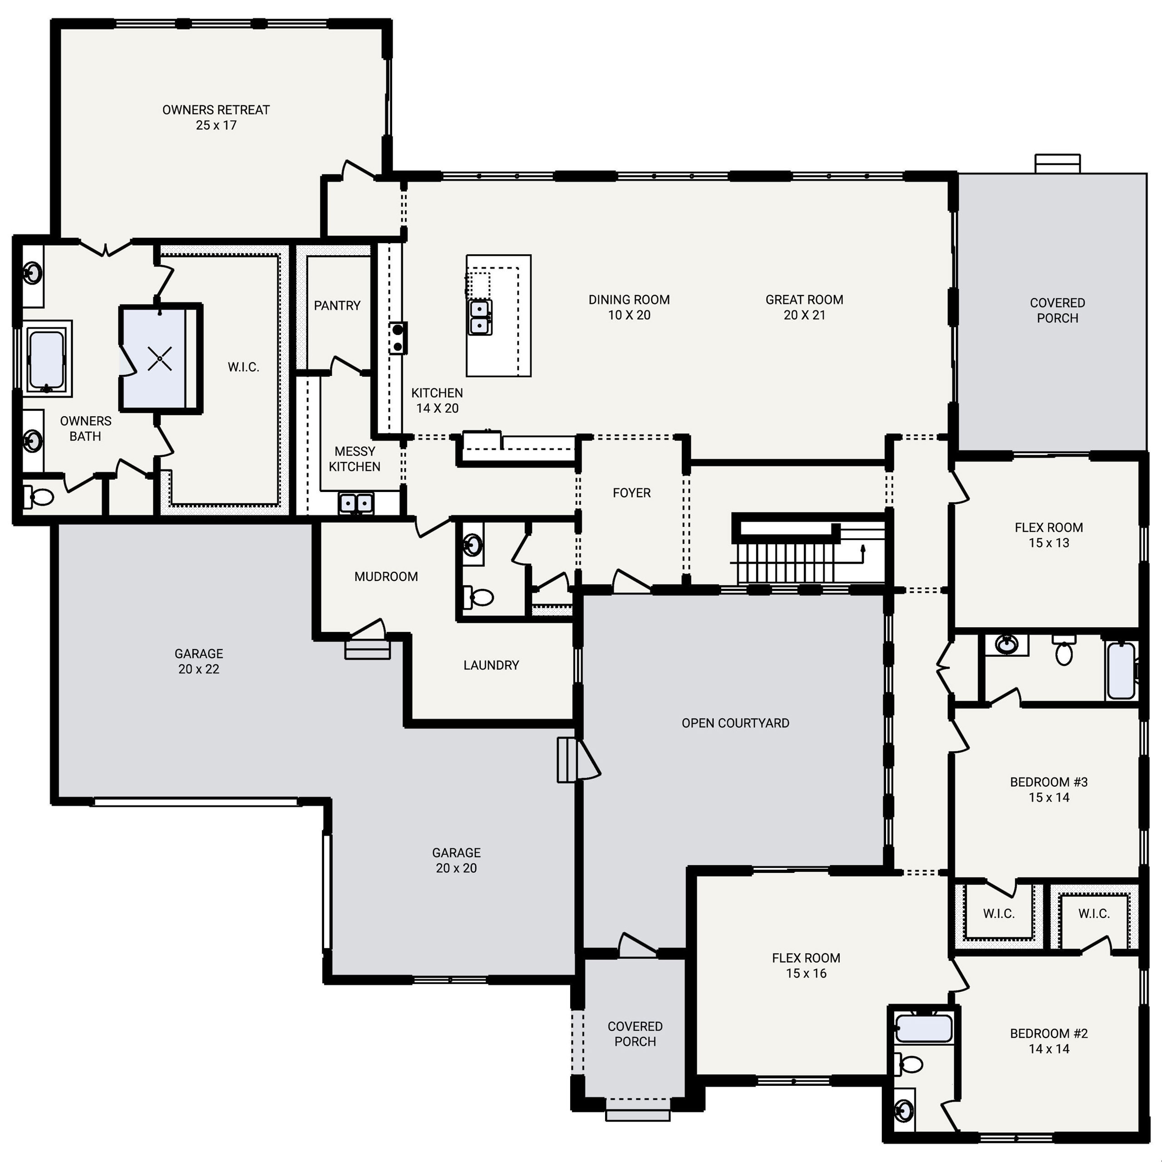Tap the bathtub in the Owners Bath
click(46, 359)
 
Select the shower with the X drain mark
click(159, 359)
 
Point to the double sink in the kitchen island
click(480, 317)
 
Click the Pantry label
click(337, 305)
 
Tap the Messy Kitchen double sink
click(356, 503)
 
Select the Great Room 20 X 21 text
click(804, 307)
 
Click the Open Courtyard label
click(735, 724)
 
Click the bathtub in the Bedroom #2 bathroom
click(923, 1029)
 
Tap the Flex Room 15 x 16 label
click(806, 965)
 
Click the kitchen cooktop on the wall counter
click(398, 338)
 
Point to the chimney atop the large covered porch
click(1057, 163)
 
